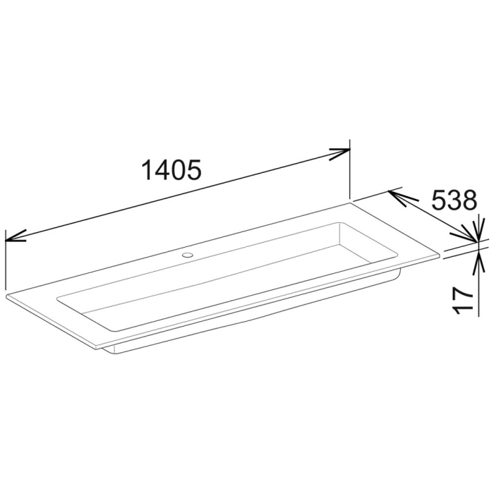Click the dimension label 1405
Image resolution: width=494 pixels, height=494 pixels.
pos(171,170)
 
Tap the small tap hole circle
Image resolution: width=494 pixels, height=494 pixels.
pos(188,253)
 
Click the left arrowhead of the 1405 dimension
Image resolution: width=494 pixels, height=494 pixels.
pos(14,235)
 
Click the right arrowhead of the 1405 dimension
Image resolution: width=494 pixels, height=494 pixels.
pos(341,152)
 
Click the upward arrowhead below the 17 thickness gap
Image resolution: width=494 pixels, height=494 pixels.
pos(479,260)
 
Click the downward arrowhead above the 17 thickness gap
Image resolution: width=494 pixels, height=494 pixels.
pos(479,227)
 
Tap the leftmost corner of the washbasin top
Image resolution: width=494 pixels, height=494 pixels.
pos(5,292)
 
